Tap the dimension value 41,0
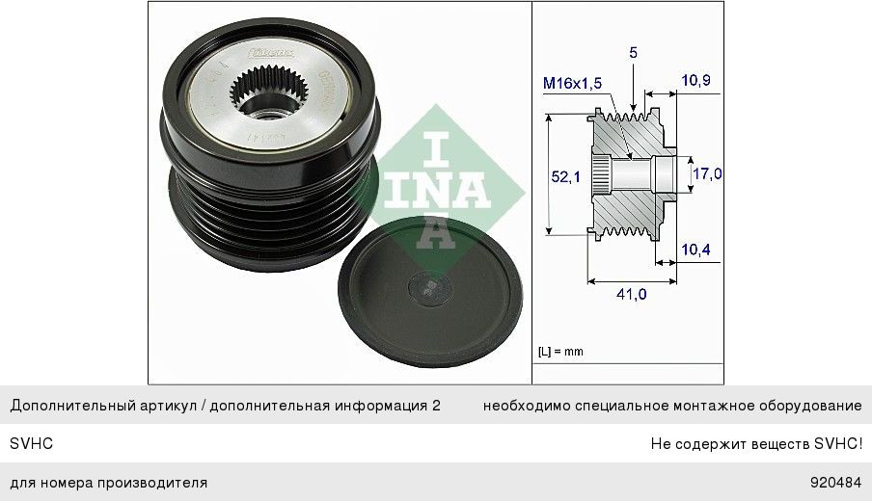(x=631, y=294)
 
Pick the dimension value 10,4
(x=695, y=250)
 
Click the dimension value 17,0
(x=707, y=173)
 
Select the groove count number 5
(x=633, y=54)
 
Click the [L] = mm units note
(x=560, y=352)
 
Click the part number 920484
(x=835, y=482)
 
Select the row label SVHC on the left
(x=31, y=444)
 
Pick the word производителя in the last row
(x=151, y=482)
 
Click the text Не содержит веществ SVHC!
(x=756, y=444)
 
